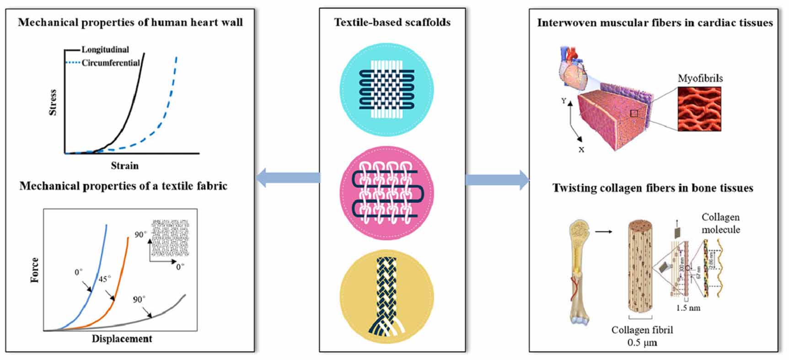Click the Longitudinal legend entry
pyautogui.click(x=105, y=49)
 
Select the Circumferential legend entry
pyautogui.click(x=110, y=63)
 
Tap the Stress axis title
pyautogui.click(x=53, y=102)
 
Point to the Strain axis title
pyautogui.click(x=124, y=166)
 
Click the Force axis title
pyautogui.click(x=35, y=270)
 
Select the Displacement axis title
pyautogui.click(x=122, y=339)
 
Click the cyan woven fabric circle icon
pyautogui.click(x=387, y=90)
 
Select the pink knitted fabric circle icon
pyautogui.click(x=387, y=192)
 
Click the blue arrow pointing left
pyautogui.click(x=288, y=178)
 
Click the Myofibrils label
pyautogui.click(x=700, y=78)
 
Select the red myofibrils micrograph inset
pyautogui.click(x=699, y=109)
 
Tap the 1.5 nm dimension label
pyautogui.click(x=688, y=308)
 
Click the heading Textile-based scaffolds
pyautogui.click(x=392, y=22)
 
